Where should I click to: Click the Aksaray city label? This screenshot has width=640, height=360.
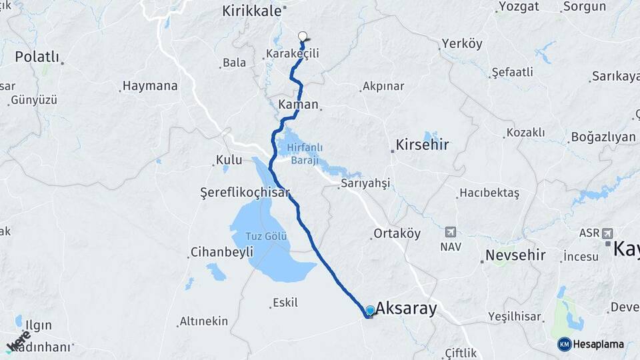point(406,308)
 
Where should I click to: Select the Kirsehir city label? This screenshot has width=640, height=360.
point(422,145)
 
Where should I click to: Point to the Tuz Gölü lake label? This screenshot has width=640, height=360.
point(266,237)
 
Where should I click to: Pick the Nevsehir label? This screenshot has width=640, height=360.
point(515,255)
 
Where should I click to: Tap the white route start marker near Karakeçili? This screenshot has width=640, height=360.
point(303,37)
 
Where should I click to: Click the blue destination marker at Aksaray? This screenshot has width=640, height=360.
point(370,311)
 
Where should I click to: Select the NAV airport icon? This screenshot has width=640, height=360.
point(450,232)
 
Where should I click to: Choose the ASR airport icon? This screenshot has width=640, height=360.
point(607,233)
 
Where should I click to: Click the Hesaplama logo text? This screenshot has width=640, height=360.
point(598,344)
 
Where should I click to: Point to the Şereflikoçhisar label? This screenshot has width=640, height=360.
point(245,192)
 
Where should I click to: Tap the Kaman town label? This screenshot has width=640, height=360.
point(297,105)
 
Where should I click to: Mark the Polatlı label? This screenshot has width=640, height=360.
point(37,56)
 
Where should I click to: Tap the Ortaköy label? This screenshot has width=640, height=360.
point(397,233)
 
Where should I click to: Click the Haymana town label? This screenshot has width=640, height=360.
point(150,86)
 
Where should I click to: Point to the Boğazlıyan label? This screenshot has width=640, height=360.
point(603,137)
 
